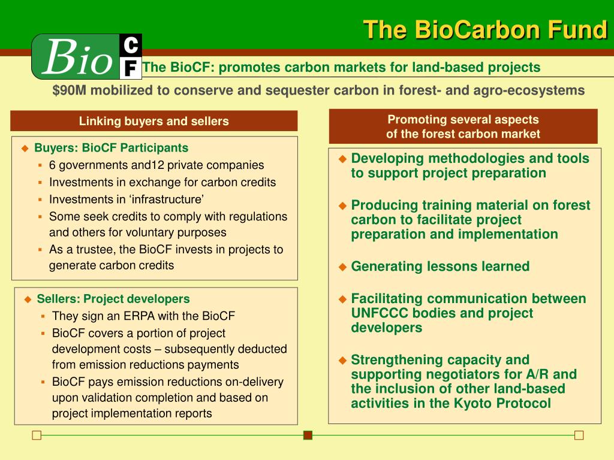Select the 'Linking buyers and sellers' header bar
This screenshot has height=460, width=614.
point(154,121)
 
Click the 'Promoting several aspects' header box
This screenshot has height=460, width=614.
point(463,126)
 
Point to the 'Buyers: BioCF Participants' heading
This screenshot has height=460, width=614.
point(111,148)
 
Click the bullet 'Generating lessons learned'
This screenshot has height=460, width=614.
point(440,267)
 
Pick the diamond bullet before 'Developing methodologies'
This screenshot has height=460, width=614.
point(342,159)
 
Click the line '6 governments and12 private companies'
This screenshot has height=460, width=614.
point(156,165)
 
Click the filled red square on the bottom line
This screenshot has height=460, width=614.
point(308,435)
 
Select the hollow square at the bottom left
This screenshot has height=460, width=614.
point(37,435)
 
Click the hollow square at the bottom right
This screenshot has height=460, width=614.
point(579,435)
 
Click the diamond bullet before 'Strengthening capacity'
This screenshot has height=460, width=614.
point(342,361)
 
